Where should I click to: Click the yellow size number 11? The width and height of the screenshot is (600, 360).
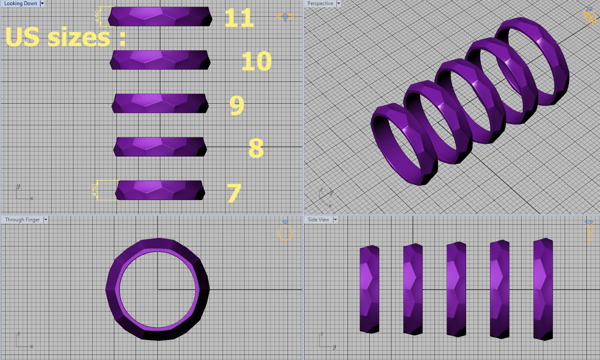pyautogui.click(x=238, y=18)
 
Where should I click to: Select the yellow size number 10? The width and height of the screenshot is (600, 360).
pyautogui.click(x=256, y=61)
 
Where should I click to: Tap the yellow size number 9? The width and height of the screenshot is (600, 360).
pyautogui.click(x=237, y=105)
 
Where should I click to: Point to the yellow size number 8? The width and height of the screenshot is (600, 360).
pyautogui.click(x=256, y=148)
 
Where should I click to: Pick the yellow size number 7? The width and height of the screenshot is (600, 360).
pyautogui.click(x=234, y=193)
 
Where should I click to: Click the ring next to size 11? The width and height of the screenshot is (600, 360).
pyautogui.click(x=160, y=16)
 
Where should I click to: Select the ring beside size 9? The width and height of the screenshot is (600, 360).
pyautogui.click(x=160, y=103)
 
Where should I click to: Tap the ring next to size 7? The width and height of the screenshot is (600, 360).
pyautogui.click(x=160, y=190)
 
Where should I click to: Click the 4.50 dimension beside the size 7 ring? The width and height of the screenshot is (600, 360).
pyautogui.click(x=95, y=190)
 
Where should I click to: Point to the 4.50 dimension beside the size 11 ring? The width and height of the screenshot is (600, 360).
pyautogui.click(x=98, y=16)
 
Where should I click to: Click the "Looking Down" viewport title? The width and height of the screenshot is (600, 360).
pyautogui.click(x=20, y=3)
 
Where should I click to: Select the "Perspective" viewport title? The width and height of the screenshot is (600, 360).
pyautogui.click(x=320, y=3)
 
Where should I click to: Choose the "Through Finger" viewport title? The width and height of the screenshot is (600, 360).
pyautogui.click(x=22, y=220)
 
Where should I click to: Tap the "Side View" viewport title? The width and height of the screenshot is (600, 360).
pyautogui.click(x=318, y=220)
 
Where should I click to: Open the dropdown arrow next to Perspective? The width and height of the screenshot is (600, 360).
pyautogui.click(x=339, y=3)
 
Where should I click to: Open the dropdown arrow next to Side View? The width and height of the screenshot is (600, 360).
pyautogui.click(x=335, y=220)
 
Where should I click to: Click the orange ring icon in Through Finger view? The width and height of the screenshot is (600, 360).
pyautogui.click(x=285, y=233)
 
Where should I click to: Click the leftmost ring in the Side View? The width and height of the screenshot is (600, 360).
pyautogui.click(x=369, y=289)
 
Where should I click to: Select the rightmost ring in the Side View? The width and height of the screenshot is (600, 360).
pyautogui.click(x=543, y=289)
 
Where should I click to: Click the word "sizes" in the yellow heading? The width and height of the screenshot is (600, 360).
pyautogui.click(x=79, y=37)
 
